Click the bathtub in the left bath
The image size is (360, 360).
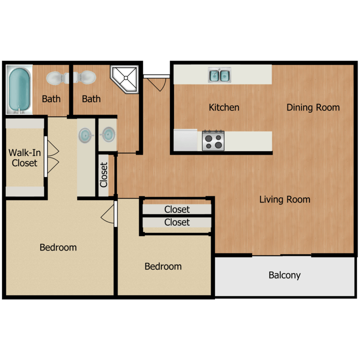[x=19, y=89]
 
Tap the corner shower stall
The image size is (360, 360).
[x=125, y=79]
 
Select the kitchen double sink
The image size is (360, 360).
[x=219, y=75]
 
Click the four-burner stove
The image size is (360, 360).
[x=213, y=141]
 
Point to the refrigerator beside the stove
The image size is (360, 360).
[x=185, y=140]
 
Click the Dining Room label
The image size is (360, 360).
[x=313, y=108]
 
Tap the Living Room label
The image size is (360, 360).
[x=285, y=199]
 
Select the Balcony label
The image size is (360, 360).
[x=285, y=275]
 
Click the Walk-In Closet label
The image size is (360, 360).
[x=24, y=158]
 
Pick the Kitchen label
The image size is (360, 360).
[x=224, y=108]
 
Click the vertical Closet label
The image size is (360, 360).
[x=104, y=175]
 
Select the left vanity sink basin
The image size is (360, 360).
[x=85, y=135]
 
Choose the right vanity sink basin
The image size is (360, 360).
[x=108, y=134]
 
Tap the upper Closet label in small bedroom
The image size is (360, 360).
[x=177, y=209]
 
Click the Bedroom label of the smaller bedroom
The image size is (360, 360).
[x=163, y=266]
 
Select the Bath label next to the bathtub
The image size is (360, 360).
[x=51, y=99]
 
